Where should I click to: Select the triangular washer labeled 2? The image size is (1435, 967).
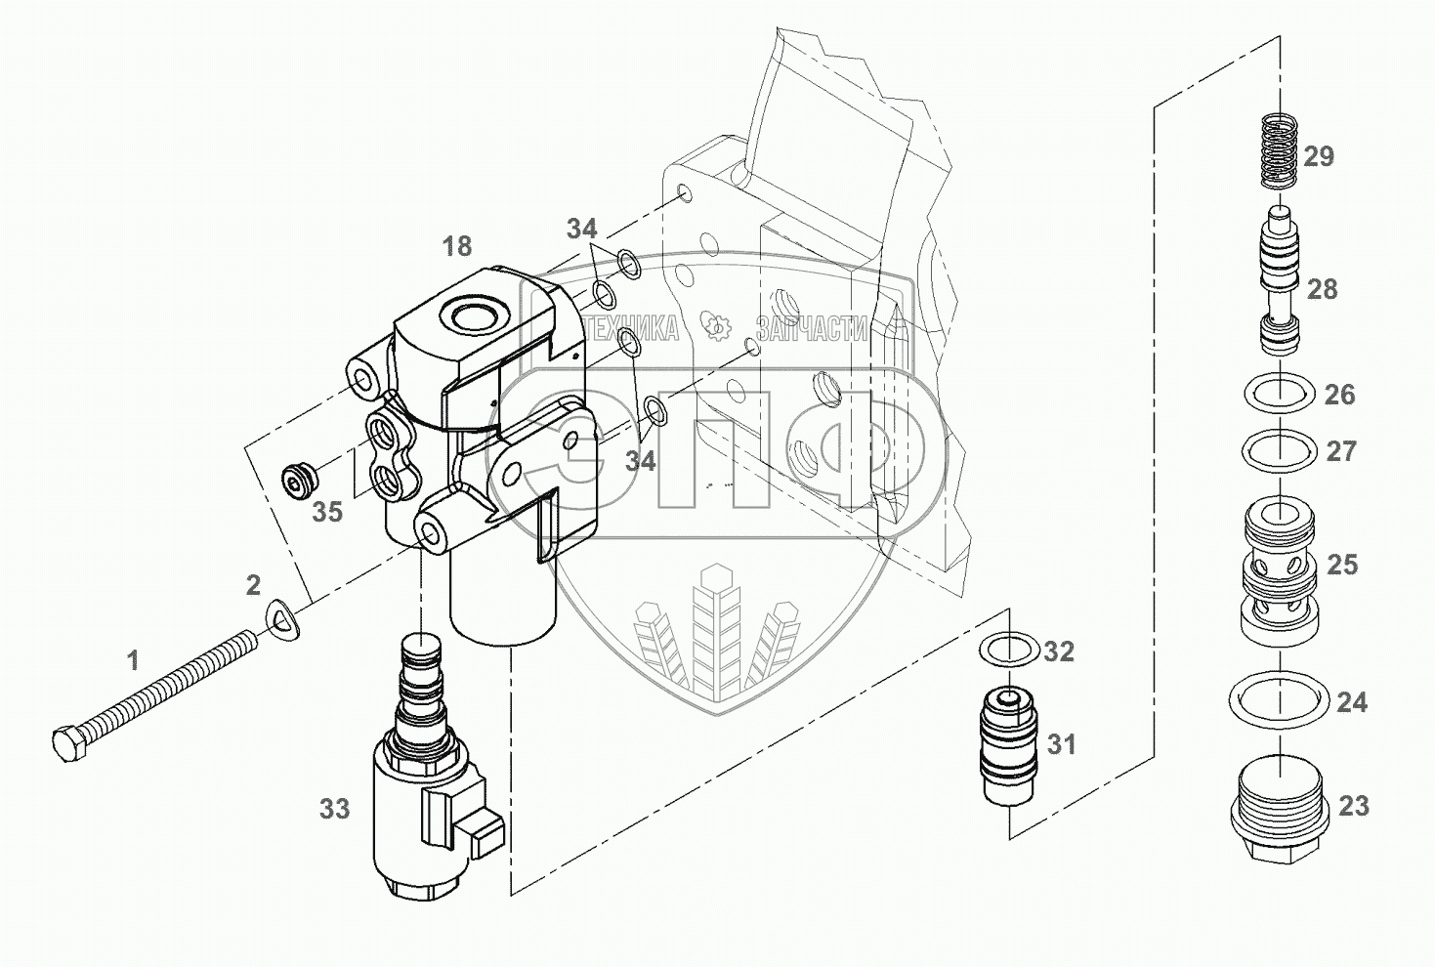point(284,618)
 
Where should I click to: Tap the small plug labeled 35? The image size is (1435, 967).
point(296,480)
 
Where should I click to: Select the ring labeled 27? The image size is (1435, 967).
point(1278,451)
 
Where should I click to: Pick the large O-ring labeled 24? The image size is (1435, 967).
point(1279,700)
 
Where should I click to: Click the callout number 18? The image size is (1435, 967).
point(456,246)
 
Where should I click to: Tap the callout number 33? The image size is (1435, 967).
point(335,809)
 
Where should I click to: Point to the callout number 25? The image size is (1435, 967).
point(1342,565)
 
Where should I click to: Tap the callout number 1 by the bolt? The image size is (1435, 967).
point(133,661)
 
